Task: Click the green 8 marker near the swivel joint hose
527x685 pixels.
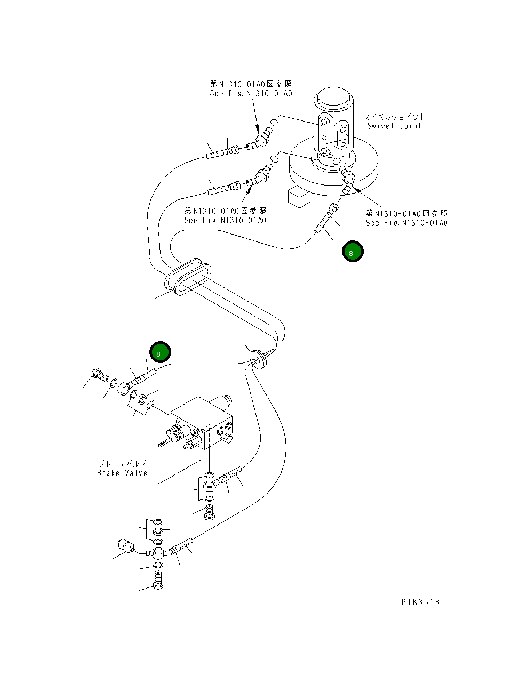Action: (353, 252)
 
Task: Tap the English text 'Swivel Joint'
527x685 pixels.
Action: (394, 126)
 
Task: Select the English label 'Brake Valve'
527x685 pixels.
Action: (122, 473)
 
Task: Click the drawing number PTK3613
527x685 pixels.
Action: (420, 602)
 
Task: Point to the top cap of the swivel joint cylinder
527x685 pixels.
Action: (332, 99)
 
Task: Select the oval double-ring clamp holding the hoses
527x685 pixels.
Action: (186, 277)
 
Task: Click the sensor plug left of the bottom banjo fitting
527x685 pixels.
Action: (125, 547)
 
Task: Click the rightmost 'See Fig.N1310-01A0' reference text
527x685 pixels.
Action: (406, 223)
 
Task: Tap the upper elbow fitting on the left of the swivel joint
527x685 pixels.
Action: (262, 138)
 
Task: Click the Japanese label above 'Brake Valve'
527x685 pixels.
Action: (122, 464)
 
